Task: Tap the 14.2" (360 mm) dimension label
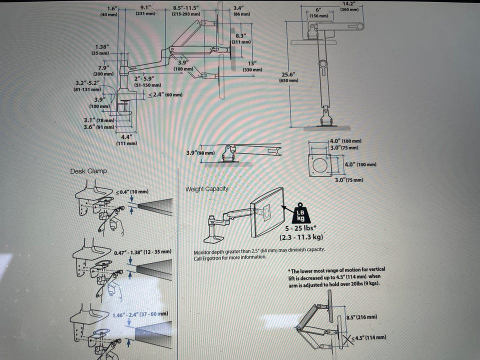(x=349, y=6)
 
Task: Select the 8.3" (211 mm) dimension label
(x=241, y=39)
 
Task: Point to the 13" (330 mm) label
(x=252, y=66)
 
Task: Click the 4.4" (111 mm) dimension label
(x=126, y=140)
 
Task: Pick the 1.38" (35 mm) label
(x=101, y=49)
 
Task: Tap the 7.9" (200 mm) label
(x=103, y=70)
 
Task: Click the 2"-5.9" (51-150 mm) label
(x=147, y=81)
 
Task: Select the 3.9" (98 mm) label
(x=200, y=153)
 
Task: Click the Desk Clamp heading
(x=89, y=171)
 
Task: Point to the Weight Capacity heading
(x=207, y=189)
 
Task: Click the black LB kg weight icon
(x=300, y=213)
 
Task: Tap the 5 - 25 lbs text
(x=299, y=228)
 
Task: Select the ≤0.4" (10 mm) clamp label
(x=132, y=192)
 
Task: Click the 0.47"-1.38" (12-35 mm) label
(x=142, y=252)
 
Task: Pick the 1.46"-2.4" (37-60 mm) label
(x=140, y=314)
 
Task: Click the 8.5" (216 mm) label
(x=362, y=317)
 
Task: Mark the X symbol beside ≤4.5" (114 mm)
(x=347, y=339)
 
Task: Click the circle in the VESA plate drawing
(x=320, y=165)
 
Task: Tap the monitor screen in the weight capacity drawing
(x=267, y=212)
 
